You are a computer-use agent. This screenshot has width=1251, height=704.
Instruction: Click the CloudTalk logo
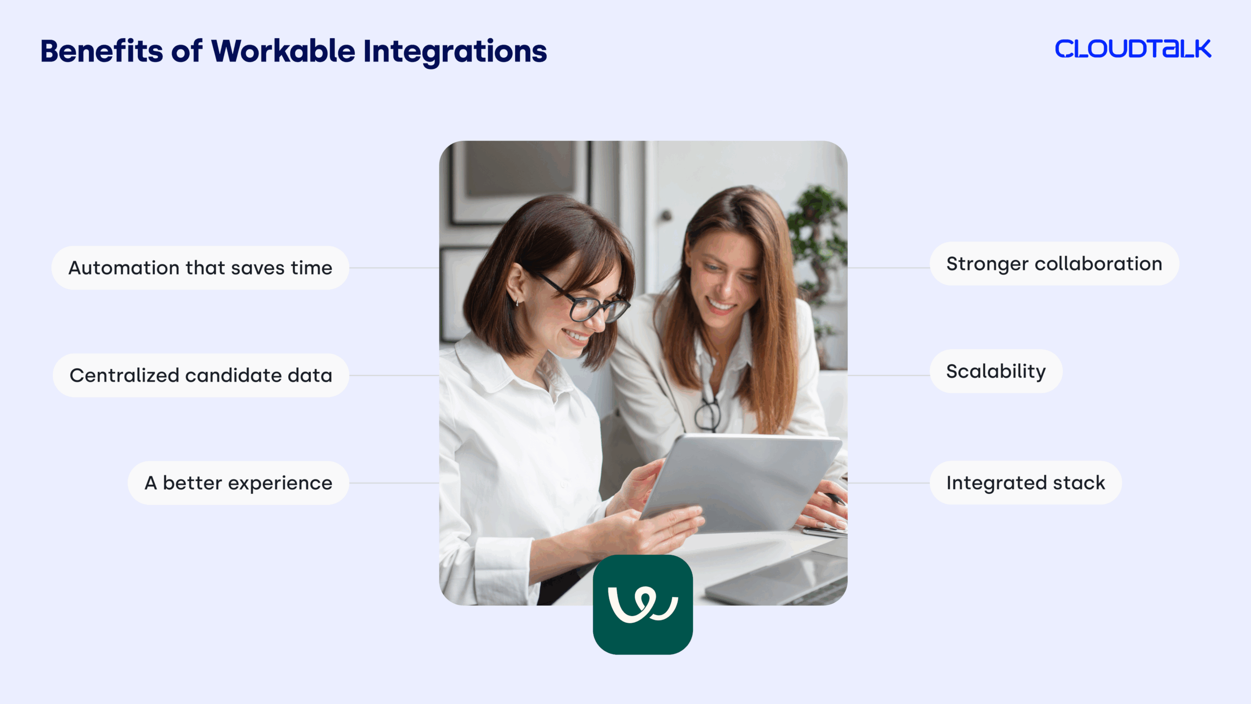[1133, 49]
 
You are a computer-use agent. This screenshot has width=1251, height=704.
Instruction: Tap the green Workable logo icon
[643, 605]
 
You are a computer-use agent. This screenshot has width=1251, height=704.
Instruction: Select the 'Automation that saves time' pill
[200, 268]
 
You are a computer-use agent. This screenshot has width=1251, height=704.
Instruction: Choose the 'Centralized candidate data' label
[201, 375]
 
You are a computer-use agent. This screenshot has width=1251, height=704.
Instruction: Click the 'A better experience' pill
[238, 483]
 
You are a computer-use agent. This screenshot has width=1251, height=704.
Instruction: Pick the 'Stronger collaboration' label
[1054, 264]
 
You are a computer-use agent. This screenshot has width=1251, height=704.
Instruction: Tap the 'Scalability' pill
[996, 372]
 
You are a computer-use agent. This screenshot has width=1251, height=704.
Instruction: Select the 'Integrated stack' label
[1025, 483]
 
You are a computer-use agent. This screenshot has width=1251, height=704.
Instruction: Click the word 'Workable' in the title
[283, 51]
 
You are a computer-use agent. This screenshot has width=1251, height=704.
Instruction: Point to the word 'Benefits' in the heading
[102, 51]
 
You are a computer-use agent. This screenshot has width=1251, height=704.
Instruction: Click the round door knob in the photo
[666, 215]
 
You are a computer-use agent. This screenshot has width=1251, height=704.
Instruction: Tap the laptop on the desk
[782, 577]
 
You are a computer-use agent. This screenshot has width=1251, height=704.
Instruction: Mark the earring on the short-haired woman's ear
[517, 302]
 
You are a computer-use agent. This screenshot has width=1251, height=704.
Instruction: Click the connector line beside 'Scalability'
[888, 375]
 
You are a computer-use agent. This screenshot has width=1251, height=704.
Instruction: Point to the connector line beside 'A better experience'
[394, 483]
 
